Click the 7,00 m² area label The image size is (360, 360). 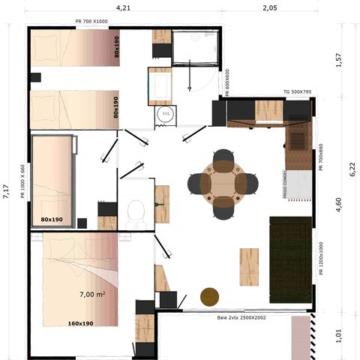click(92, 295)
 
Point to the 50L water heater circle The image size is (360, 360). click(164, 115)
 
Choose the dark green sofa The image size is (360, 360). click(290, 253)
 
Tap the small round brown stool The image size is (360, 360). click(209, 297)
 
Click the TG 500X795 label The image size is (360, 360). click(297, 92)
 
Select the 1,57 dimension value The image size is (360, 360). click(338, 60)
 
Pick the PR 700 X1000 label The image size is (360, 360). click(91, 22)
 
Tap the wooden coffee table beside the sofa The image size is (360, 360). click(249, 268)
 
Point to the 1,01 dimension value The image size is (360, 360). click(338, 335)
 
